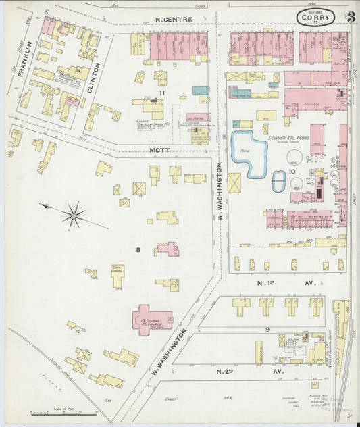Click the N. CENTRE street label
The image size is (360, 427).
(x=174, y=19)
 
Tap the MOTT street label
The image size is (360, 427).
(x=160, y=150)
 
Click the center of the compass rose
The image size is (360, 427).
(x=73, y=216)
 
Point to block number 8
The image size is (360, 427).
(x=138, y=250)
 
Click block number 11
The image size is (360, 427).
(x=162, y=92)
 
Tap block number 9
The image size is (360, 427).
(x=268, y=329)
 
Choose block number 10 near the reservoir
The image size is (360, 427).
(x=292, y=172)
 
